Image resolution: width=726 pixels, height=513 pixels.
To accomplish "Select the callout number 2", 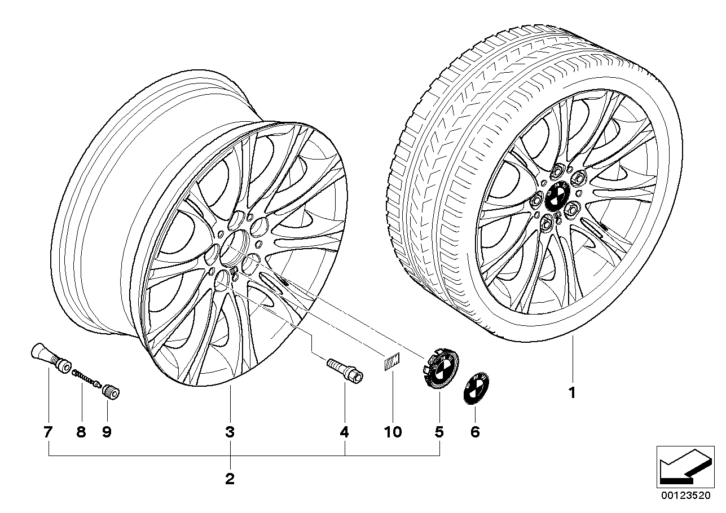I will point(230,480).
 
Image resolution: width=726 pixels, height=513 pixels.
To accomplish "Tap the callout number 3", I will point(230,432).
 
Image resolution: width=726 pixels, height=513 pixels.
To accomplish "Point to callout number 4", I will point(344,432).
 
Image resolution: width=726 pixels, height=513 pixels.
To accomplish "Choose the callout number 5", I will point(439,432).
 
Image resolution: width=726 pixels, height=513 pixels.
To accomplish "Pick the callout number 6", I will point(474,432).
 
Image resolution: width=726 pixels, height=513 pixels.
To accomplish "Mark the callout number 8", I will point(81,432).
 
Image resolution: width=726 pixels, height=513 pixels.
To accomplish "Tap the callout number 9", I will point(107,432).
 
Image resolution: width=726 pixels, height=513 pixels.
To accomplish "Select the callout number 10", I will point(393,432).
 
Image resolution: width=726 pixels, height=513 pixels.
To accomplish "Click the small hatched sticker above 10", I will point(390,361).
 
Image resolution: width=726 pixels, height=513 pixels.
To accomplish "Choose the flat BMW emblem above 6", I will point(475,388).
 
